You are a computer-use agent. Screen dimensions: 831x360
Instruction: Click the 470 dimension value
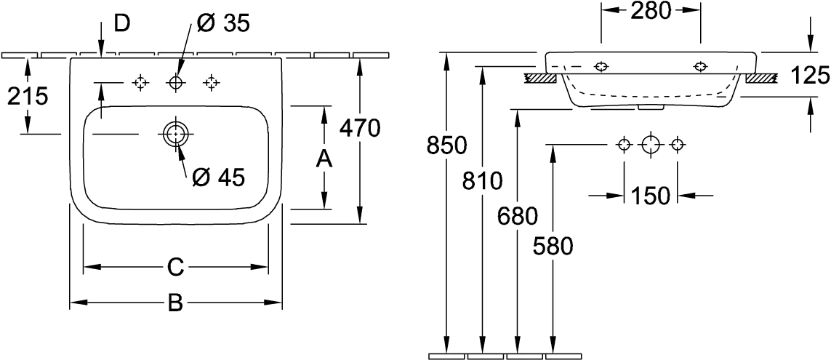361,129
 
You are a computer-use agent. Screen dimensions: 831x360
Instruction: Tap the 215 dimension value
27,96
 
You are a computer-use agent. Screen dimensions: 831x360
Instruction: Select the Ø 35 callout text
222,24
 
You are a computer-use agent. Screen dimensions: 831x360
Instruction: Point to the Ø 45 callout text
219,177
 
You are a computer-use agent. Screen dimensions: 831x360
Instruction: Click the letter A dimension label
324,159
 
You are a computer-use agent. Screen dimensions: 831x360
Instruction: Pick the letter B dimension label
175,303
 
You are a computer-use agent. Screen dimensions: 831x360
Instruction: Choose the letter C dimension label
175,267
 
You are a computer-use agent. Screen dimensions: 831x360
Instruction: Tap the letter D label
123,24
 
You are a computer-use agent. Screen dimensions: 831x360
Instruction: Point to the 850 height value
447,145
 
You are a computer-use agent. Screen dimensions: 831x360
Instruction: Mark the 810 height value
482,181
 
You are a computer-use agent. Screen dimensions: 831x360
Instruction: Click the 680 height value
517,216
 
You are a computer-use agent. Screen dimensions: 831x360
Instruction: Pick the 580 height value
553,247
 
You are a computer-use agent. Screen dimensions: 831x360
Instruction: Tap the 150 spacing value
650,196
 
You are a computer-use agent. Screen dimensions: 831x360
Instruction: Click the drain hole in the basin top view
175,134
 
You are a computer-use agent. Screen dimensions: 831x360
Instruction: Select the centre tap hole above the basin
175,82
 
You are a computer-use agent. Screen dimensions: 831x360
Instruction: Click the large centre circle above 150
650,144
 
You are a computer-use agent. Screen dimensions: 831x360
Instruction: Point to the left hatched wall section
539,79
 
